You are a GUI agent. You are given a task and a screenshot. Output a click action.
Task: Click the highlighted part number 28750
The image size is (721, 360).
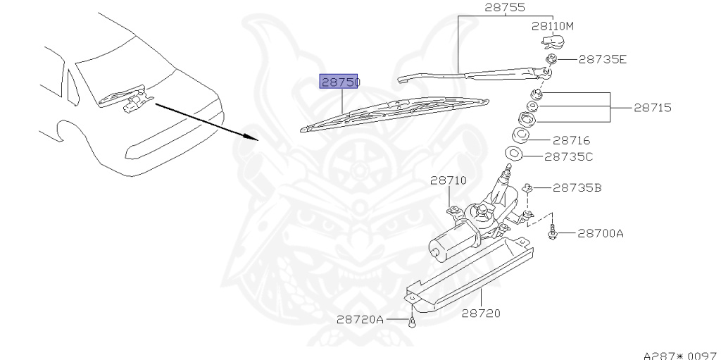tap(341, 82)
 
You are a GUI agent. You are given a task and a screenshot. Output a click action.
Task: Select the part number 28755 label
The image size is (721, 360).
tap(505, 8)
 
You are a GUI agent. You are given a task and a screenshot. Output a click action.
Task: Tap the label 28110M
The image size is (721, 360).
tap(553, 26)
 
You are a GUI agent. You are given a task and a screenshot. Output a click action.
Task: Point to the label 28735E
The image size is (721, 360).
tap(602, 60)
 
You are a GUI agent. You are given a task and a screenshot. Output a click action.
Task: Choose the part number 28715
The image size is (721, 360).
tap(652, 108)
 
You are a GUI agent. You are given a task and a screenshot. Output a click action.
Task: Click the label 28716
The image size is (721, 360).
tap(571, 141)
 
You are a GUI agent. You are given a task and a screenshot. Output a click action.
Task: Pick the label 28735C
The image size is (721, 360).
tap(569, 157)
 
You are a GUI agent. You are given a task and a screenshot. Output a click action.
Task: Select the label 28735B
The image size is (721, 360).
tap(577, 188)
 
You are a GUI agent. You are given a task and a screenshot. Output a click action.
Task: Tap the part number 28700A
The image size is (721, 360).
tap(601, 232)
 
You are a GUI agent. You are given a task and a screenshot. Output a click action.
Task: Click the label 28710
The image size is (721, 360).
tap(449, 180)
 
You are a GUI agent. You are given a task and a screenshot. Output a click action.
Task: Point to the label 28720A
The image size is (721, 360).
tap(360, 319)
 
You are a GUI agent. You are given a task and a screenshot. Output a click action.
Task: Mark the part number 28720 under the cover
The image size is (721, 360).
tap(481, 312)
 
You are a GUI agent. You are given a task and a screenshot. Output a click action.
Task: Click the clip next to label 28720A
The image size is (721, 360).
tap(411, 323)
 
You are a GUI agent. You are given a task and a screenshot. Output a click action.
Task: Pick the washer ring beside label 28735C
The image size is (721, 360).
tap(514, 154)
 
